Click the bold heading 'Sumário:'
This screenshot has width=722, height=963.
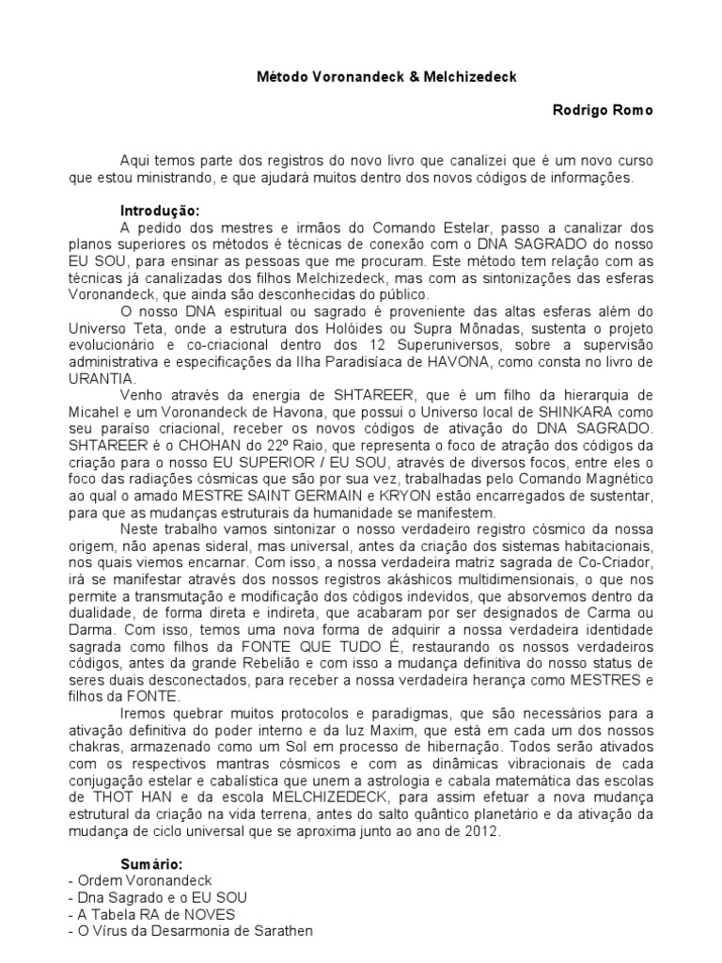pyautogui.click(x=151, y=864)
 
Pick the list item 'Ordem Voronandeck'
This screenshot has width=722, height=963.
pyautogui.click(x=133, y=879)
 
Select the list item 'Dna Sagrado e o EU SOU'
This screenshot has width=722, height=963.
pyautogui.click(x=157, y=896)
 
